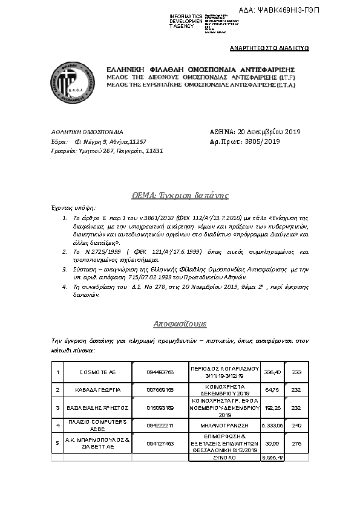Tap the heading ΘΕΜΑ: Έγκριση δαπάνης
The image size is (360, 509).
point(180,195)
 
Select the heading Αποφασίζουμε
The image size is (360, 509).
point(180,323)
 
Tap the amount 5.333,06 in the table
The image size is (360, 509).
point(272,426)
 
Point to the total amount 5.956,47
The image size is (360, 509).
point(272,457)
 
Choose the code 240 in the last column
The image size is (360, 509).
point(296,426)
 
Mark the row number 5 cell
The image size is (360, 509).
point(57,443)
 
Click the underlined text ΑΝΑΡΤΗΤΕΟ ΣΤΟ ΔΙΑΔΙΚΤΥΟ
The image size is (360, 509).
point(270,48)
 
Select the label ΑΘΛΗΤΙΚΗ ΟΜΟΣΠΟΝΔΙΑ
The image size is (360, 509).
point(87,132)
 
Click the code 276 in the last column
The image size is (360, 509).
point(296,443)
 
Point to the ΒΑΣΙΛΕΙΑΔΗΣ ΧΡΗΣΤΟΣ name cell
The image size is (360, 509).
point(97,408)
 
